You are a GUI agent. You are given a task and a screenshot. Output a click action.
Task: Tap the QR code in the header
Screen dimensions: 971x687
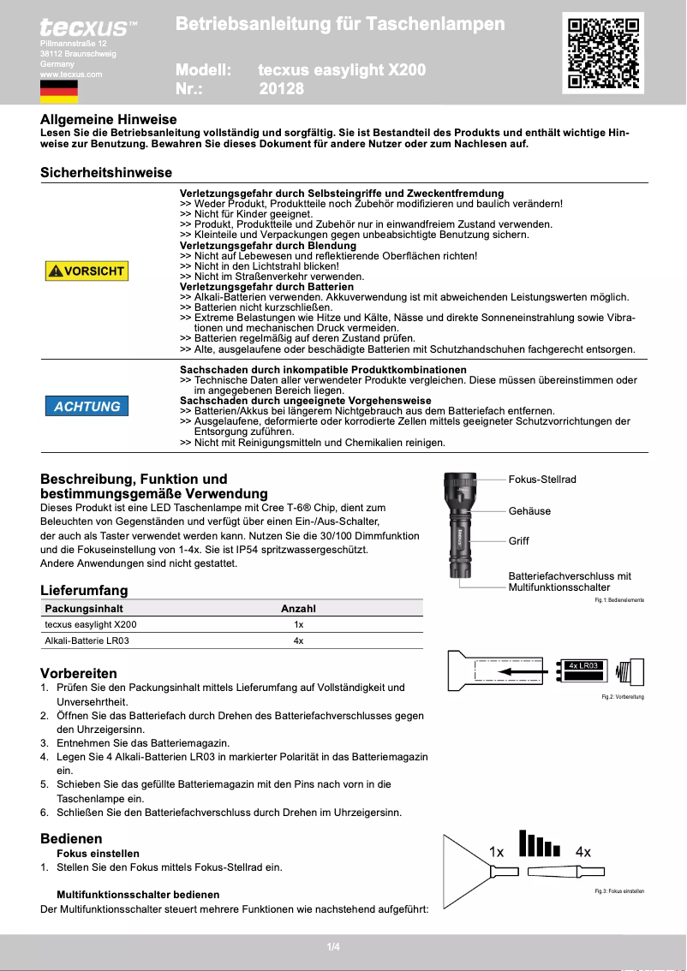(603, 53)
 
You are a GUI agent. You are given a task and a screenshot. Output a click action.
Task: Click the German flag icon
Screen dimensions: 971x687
(59, 92)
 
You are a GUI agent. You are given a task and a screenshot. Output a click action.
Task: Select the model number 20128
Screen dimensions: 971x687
(281, 88)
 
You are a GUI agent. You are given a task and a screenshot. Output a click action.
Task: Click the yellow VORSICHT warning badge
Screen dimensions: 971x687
(87, 271)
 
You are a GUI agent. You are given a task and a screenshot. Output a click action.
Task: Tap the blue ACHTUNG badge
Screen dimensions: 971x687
(87, 406)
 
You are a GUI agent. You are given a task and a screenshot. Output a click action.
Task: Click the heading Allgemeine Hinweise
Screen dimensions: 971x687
(109, 120)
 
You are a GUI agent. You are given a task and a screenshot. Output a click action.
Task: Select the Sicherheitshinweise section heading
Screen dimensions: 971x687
(106, 172)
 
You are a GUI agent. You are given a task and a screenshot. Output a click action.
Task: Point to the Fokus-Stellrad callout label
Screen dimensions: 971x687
(542, 480)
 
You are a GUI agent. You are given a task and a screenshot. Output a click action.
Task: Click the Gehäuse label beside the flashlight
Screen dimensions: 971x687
(529, 511)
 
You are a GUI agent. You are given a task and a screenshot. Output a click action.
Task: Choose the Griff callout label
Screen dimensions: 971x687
(518, 541)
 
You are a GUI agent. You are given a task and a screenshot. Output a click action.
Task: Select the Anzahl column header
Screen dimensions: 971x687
(298, 609)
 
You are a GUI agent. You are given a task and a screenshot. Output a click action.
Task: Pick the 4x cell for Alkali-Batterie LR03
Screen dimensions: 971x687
(298, 640)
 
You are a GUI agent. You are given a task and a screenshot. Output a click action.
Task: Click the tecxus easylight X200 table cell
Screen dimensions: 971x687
(90, 625)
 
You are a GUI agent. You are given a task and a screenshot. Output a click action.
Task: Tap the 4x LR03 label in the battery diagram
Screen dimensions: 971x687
(582, 665)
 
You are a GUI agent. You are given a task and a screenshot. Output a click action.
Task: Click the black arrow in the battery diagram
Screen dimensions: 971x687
(523, 672)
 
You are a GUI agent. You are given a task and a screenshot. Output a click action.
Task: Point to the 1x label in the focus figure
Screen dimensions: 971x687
(497, 851)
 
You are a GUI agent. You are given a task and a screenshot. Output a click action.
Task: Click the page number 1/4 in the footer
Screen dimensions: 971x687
(333, 946)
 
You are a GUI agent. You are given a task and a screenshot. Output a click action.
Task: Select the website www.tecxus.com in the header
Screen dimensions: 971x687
(71, 74)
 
